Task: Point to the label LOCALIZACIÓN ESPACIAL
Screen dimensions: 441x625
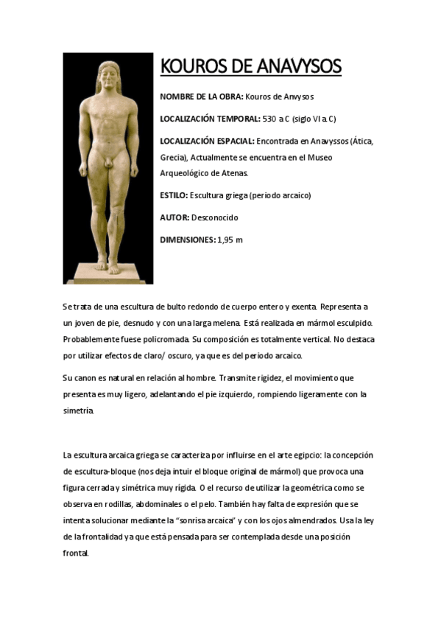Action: click(x=207, y=140)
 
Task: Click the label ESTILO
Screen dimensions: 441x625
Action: click(x=174, y=195)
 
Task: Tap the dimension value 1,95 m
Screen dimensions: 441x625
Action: click(x=230, y=240)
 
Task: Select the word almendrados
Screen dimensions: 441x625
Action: click(x=308, y=520)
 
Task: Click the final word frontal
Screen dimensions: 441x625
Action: click(x=76, y=553)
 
